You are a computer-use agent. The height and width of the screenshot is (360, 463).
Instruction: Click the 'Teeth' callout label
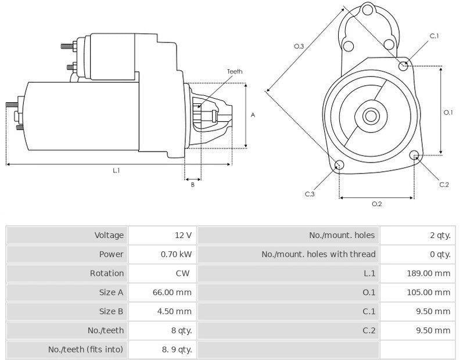click(235, 71)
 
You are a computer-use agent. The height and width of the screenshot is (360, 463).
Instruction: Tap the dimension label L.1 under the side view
click(116, 171)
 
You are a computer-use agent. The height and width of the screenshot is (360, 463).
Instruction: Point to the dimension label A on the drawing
click(253, 115)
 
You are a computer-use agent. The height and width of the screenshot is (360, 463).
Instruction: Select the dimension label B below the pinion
click(192, 185)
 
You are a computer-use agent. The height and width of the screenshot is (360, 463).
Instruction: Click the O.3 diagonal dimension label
click(299, 46)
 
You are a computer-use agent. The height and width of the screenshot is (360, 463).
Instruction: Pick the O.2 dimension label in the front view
click(376, 204)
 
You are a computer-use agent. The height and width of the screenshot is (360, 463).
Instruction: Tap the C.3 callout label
click(310, 194)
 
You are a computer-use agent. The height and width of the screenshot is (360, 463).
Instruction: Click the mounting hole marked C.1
click(404, 66)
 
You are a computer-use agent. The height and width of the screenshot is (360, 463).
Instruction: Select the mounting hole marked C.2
click(414, 155)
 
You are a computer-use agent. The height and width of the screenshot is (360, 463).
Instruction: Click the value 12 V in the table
click(182, 235)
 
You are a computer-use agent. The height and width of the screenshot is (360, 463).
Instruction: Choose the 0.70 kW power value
click(176, 254)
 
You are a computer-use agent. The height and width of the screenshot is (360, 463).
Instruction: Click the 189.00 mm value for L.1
click(428, 273)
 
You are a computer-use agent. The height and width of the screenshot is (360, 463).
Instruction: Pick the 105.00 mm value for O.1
click(428, 292)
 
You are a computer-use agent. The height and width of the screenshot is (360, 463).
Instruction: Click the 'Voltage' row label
click(109, 235)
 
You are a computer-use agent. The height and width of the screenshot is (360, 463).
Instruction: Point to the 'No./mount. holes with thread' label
click(318, 254)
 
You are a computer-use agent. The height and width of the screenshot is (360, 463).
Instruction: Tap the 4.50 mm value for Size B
click(174, 311)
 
